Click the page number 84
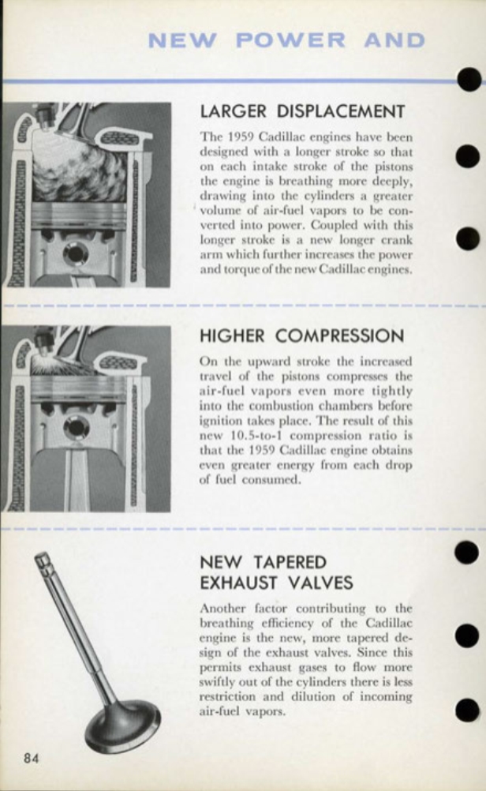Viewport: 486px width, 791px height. coord(32,759)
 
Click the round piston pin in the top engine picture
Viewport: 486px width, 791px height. coord(76,253)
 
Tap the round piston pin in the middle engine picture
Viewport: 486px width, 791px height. coord(76,427)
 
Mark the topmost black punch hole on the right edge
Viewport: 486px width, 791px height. coord(469,78)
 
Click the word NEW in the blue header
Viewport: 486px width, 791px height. coord(181,39)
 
